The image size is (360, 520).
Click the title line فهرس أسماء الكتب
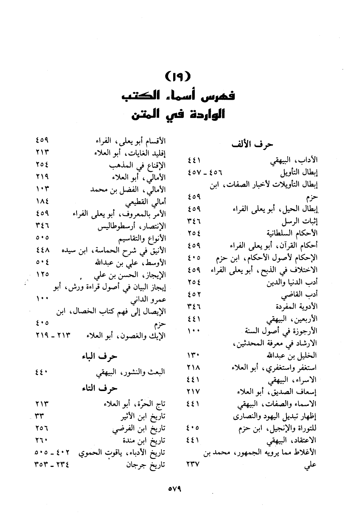178,95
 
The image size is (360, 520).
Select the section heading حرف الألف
252,145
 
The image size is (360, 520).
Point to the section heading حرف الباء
100,357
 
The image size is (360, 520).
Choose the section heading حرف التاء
100,388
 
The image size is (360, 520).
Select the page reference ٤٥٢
194,294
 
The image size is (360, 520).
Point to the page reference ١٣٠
194,355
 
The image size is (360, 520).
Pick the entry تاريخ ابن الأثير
142,416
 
